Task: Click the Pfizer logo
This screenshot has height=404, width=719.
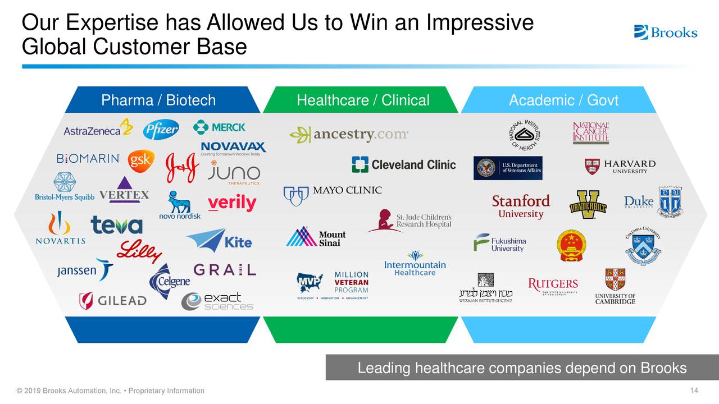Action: tap(161, 130)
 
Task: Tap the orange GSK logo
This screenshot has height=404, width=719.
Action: tap(140, 160)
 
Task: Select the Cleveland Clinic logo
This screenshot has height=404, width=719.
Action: tap(404, 164)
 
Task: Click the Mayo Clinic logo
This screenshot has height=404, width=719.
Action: tap(333, 193)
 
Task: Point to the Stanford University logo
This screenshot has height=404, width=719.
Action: tap(521, 206)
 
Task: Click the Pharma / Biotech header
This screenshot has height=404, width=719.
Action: tap(158, 100)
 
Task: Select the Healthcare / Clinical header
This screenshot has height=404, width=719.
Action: tap(363, 100)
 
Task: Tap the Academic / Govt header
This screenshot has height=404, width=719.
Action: tap(563, 100)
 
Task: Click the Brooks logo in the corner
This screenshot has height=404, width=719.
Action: tap(666, 32)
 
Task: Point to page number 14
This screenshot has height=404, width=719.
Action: tap(694, 391)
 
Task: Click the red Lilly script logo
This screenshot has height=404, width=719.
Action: tap(139, 251)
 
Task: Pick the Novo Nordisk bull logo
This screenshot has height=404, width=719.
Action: tap(180, 205)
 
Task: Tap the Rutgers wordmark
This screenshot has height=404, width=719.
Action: tap(553, 285)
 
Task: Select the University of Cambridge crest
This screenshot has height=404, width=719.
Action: tap(615, 279)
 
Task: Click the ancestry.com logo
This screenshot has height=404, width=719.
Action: tap(349, 135)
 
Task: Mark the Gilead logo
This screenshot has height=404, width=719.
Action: tap(113, 301)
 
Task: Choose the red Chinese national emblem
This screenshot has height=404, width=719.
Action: tap(571, 246)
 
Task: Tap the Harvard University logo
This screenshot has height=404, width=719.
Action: tap(620, 166)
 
